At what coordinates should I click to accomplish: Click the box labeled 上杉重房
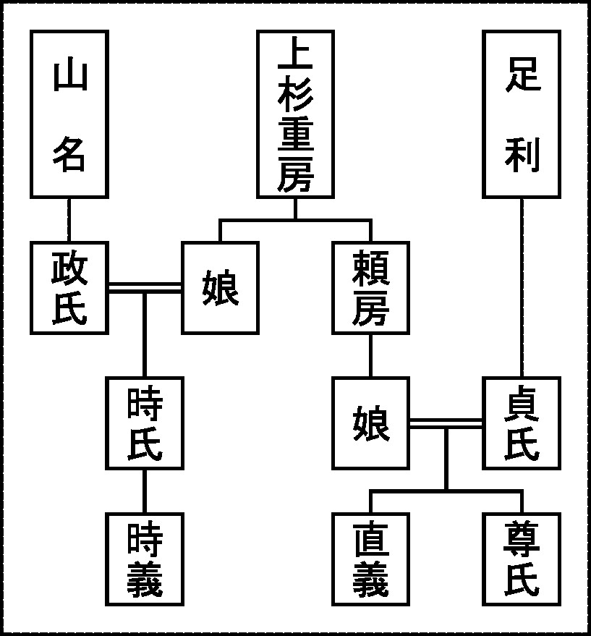295,114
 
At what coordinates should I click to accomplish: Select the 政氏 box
69,287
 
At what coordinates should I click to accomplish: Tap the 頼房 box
370,287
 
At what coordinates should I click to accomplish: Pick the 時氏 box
145,423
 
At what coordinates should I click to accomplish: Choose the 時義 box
145,559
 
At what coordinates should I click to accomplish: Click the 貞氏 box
521,423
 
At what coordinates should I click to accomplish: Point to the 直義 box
370,559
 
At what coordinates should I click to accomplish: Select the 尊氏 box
521,559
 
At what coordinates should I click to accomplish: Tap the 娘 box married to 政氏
220,287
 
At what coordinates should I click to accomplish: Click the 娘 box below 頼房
370,423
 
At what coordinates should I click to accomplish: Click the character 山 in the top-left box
69,76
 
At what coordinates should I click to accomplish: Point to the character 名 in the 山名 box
69,153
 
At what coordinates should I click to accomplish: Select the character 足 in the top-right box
521,76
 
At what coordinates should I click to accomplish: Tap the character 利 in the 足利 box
521,153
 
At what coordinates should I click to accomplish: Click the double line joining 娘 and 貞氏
446,423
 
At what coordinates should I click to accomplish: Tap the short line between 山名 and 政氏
69,219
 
